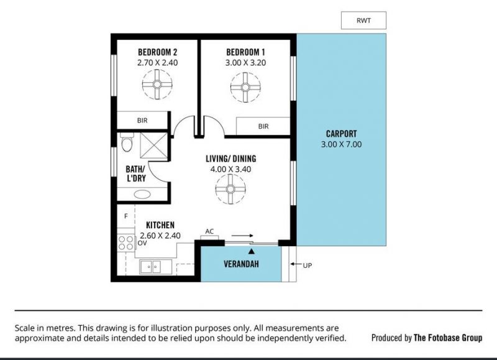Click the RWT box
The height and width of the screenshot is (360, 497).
363,21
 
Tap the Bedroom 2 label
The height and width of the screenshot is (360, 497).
158,52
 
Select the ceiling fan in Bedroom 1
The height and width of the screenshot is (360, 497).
245,87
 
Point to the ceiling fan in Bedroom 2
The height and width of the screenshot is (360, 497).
157,85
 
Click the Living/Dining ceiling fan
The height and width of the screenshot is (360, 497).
230,189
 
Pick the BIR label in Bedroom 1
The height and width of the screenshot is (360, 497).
263,126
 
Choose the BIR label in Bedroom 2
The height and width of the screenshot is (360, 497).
142,121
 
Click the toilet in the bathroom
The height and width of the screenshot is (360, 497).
127,142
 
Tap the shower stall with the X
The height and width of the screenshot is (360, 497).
153,145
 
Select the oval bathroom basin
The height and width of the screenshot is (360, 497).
142,194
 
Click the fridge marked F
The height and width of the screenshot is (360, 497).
126,216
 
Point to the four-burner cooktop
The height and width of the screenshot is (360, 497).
126,243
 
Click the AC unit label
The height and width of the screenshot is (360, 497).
209,231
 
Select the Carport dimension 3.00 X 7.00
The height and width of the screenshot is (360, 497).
341,144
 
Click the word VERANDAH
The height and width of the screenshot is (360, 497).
241,264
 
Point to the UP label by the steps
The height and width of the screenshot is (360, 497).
308,265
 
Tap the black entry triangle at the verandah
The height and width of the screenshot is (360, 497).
252,251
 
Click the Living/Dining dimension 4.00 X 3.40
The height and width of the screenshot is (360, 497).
230,169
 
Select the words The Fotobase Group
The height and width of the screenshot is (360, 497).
448,338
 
